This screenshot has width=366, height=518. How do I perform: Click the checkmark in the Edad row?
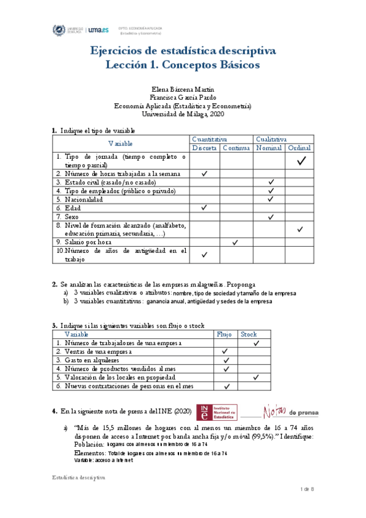pyautogui.click(x=205, y=208)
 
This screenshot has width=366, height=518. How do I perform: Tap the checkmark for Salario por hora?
pyautogui.click(x=235, y=243)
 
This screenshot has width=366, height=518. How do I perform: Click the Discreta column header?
pyautogui.click(x=205, y=148)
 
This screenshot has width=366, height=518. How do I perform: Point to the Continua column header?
pyautogui.click(x=236, y=148)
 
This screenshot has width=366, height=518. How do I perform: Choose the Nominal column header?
pyautogui.click(x=269, y=148)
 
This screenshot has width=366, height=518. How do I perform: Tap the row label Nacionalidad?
pyautogui.click(x=84, y=199)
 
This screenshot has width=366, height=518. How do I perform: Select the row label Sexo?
pyautogui.click(x=72, y=217)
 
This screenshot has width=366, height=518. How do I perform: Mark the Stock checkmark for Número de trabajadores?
pyautogui.click(x=257, y=344)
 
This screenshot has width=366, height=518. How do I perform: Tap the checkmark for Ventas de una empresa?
pyautogui.click(x=225, y=352)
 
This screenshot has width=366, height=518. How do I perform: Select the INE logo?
pyautogui.click(x=217, y=412)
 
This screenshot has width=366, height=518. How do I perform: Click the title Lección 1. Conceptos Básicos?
pyautogui.click(x=183, y=64)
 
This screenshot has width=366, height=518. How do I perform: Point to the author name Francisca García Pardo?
pyautogui.click(x=182, y=98)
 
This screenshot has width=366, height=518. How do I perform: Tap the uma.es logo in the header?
pyautogui.click(x=98, y=29)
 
